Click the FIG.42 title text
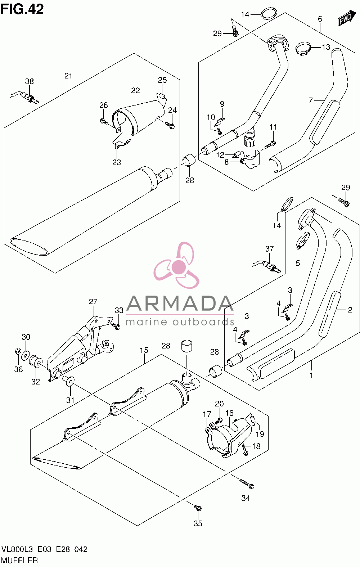click(x=22, y=10)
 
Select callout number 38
click(x=30, y=81)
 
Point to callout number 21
click(x=68, y=76)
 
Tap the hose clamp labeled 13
click(x=303, y=49)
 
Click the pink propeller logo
click(x=177, y=265)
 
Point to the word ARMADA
click(x=180, y=303)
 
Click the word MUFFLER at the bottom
click(x=19, y=560)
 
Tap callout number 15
click(x=144, y=350)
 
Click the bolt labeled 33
click(x=116, y=326)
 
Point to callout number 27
click(x=93, y=301)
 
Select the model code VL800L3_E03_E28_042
click(x=45, y=549)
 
